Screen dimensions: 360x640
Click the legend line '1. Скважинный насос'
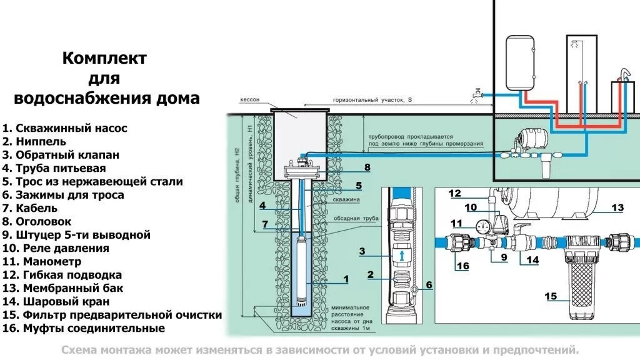65,128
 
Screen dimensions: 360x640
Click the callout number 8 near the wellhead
367,167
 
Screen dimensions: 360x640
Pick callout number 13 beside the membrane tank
617,207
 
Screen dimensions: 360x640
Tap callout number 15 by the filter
551,296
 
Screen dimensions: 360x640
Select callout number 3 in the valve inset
361,251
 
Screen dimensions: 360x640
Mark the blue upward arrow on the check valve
402,256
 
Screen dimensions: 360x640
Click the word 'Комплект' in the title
104,58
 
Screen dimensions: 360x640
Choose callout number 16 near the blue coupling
462,266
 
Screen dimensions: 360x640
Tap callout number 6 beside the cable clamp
429,285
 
